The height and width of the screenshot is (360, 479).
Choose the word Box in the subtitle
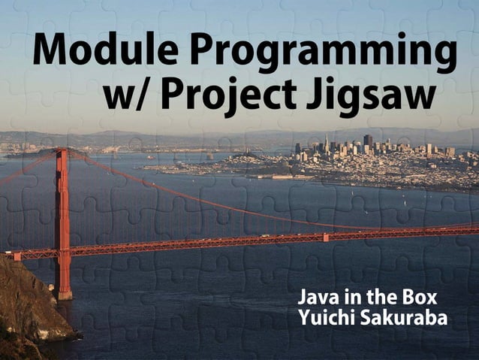point(421,296)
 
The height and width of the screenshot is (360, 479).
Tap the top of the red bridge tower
point(62,153)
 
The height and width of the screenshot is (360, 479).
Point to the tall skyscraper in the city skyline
point(368,141)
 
